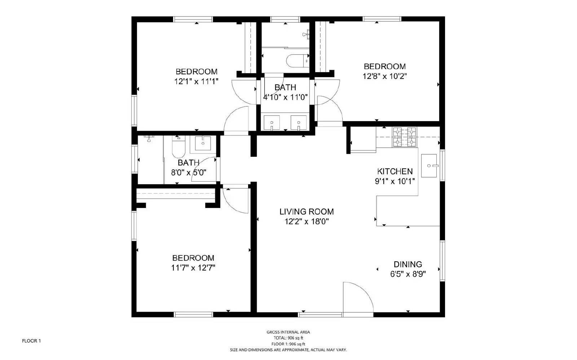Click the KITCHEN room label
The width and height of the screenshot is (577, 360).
[x=395, y=171]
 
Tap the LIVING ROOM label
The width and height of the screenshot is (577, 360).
[x=307, y=212]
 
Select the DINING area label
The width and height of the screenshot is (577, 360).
[x=408, y=264]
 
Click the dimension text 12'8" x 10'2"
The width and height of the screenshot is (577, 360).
[x=384, y=76]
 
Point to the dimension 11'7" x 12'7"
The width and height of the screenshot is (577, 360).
[x=193, y=268]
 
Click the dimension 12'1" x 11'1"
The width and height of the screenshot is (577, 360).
[x=196, y=81]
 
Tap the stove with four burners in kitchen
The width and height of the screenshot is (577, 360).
[x=404, y=137]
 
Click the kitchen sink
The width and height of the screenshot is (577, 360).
[x=429, y=166]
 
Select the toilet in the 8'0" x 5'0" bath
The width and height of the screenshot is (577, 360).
[x=178, y=148]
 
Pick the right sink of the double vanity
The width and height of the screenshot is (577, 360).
[x=299, y=122]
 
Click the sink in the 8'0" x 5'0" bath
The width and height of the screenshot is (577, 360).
[x=203, y=143]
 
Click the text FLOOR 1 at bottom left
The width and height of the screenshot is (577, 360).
[x=31, y=341]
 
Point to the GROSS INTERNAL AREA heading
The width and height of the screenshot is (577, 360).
[x=288, y=332]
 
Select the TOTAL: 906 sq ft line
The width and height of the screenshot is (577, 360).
[x=288, y=338]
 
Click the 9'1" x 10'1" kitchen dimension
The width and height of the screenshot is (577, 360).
[x=395, y=181]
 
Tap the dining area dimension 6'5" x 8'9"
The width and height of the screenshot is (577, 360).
[x=408, y=274]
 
